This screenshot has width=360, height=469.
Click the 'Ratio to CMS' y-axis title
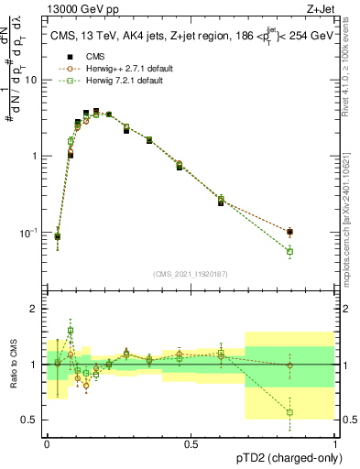(13, 364)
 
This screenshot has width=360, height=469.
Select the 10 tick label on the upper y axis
(31, 80)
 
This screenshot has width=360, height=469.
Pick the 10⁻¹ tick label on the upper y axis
(29, 233)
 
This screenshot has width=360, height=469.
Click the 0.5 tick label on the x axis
(191, 444)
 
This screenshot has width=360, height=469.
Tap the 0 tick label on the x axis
(47, 444)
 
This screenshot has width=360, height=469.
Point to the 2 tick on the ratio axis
(33, 309)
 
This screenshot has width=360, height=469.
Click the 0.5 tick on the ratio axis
(29, 420)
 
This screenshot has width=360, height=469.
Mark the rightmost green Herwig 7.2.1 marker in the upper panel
(289, 251)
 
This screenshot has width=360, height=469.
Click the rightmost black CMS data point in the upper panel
(289, 232)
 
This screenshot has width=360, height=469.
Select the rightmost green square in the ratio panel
(289, 412)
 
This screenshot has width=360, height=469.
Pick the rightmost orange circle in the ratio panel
(289, 365)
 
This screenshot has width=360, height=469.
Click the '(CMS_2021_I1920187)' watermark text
(191, 273)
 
